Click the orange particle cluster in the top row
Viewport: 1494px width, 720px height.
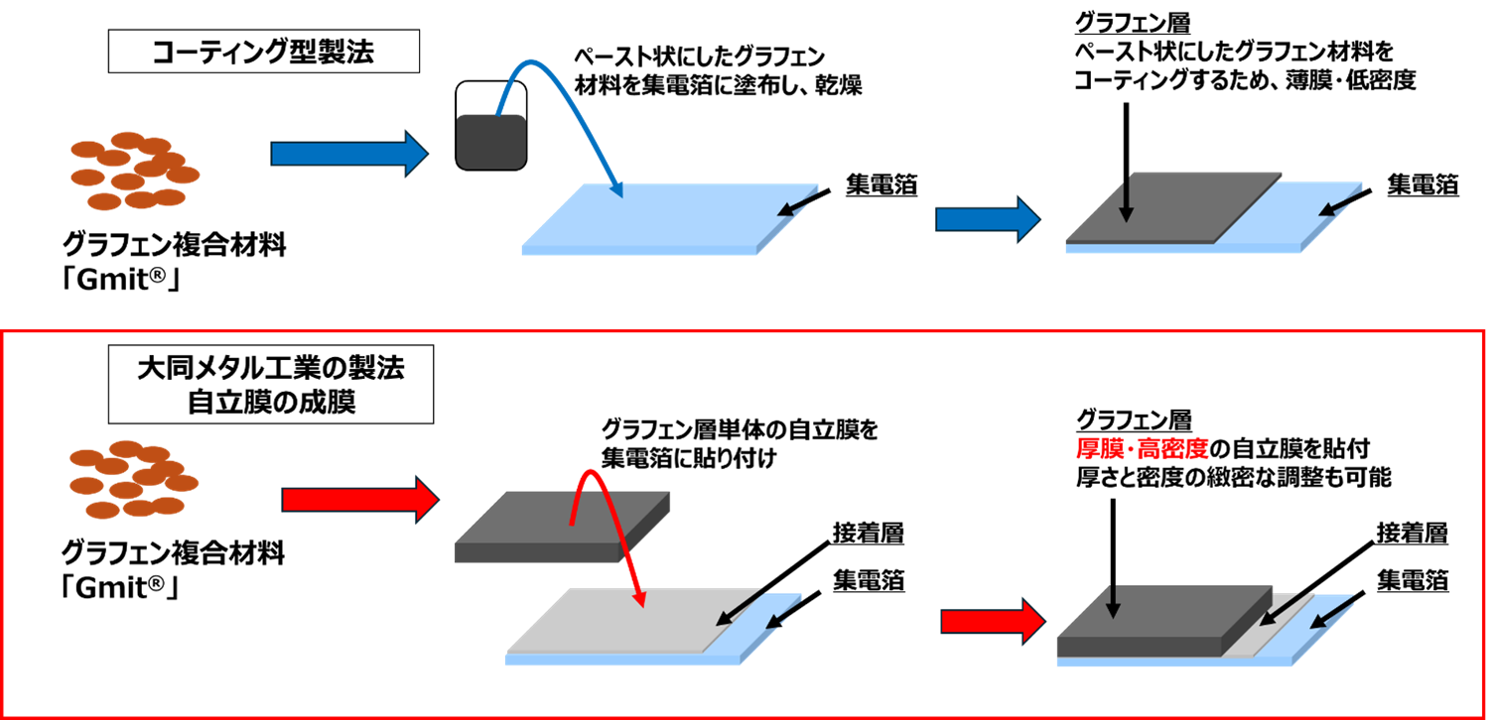tap(134, 171)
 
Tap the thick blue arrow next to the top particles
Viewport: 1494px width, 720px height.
tap(347, 154)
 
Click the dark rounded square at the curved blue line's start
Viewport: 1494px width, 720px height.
tap(490, 141)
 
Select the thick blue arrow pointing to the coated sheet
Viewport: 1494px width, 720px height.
tap(986, 219)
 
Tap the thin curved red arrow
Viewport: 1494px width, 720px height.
tap(611, 516)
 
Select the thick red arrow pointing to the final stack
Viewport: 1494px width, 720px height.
tap(992, 622)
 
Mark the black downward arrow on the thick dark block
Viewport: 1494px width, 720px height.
tap(1113, 601)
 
